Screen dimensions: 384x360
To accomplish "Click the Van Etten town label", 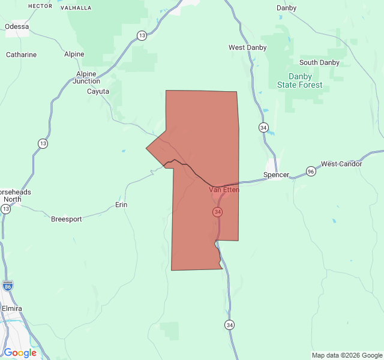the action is click(x=224, y=190).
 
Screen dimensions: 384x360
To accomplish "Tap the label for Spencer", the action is click(x=276, y=175).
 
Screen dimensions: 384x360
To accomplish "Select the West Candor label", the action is click(x=341, y=164).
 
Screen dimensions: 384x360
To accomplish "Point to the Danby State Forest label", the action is click(x=299, y=81).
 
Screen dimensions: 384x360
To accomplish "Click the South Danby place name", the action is click(x=319, y=62).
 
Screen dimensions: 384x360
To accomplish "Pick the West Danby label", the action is click(x=248, y=47).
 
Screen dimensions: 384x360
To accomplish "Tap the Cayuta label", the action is click(x=98, y=91).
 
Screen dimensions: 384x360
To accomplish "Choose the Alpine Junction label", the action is click(x=86, y=77).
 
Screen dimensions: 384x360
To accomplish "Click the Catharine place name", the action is click(x=21, y=55).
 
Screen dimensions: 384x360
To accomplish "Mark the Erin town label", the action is click(x=121, y=205).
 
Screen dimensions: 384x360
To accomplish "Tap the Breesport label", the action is click(x=66, y=219).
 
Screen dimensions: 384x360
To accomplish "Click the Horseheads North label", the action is click(x=13, y=196).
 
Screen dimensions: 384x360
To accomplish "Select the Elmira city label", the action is click(x=11, y=308).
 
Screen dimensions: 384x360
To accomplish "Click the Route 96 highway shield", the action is click(x=310, y=171).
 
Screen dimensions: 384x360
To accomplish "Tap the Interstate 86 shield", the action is click(x=7, y=286).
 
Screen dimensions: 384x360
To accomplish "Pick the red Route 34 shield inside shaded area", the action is click(x=217, y=212).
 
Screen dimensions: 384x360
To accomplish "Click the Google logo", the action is click(x=20, y=353).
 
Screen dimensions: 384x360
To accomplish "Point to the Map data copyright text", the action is click(x=346, y=355).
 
